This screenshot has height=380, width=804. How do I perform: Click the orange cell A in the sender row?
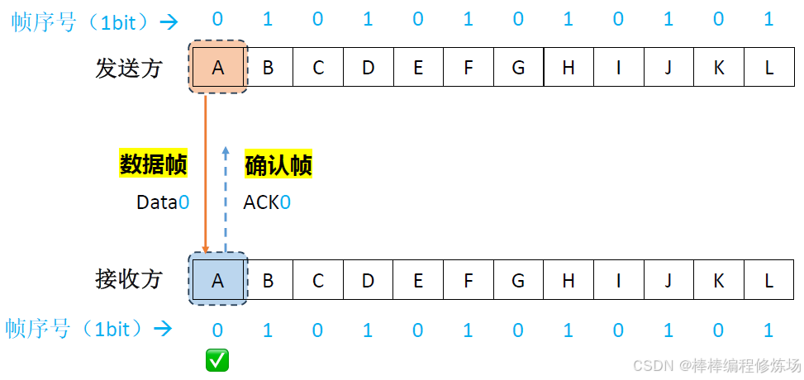pyautogui.click(x=218, y=68)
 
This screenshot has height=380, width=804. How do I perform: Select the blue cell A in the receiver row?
pyautogui.click(x=218, y=280)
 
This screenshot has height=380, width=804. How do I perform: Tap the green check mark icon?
pyautogui.click(x=217, y=359)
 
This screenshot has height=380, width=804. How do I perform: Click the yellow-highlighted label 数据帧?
pyautogui.click(x=154, y=165)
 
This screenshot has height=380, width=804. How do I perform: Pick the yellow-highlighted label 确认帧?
pyautogui.click(x=278, y=165)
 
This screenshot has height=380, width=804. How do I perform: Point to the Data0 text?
pyautogui.click(x=163, y=202)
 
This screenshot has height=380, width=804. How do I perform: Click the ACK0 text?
pyautogui.click(x=267, y=202)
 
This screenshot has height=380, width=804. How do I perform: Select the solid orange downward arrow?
pyautogui.click(x=205, y=173)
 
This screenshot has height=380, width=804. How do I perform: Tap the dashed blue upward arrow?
pyautogui.click(x=226, y=198)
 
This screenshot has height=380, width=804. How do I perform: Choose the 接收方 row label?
pyautogui.click(x=128, y=280)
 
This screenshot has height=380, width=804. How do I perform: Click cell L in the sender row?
pyautogui.click(x=768, y=68)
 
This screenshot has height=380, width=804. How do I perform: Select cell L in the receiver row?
pyautogui.click(x=768, y=280)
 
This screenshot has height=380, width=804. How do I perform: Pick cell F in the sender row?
pyautogui.click(x=469, y=68)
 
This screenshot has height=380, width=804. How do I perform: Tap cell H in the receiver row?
pyautogui.click(x=569, y=280)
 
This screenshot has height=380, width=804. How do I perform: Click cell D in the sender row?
pyautogui.click(x=369, y=68)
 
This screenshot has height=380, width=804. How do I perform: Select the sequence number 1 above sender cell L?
pyautogui.click(x=769, y=19)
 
